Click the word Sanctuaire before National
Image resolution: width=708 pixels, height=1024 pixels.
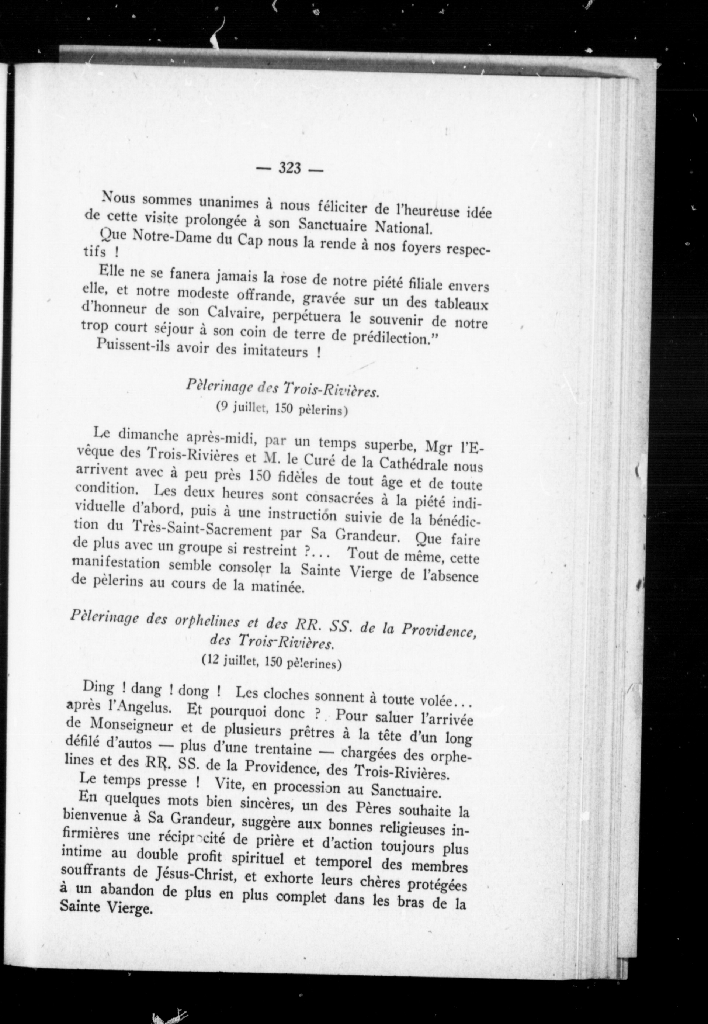pyautogui.click(x=332, y=225)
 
